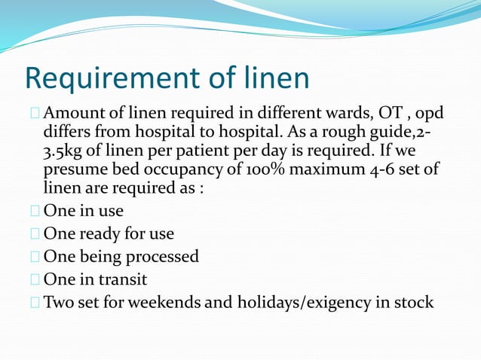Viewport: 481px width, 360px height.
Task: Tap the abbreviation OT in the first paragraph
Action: coord(385,114)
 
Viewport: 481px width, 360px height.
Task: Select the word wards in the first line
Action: coord(343,114)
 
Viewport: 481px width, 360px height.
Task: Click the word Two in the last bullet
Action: coord(59,302)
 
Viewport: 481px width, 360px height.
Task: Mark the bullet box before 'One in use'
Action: coord(34,212)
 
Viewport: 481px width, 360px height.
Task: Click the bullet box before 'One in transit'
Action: coord(34,279)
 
